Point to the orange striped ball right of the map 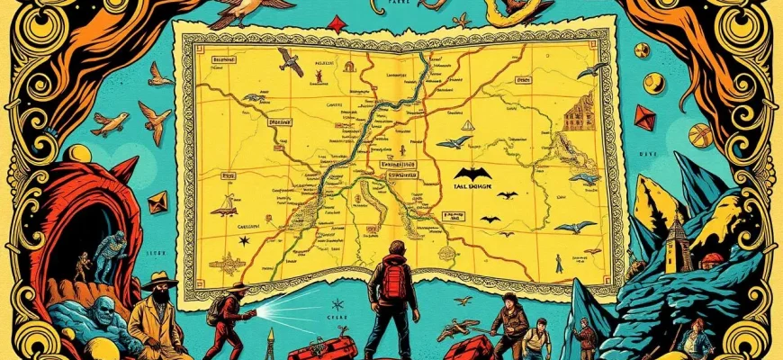click(x=700, y=135)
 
